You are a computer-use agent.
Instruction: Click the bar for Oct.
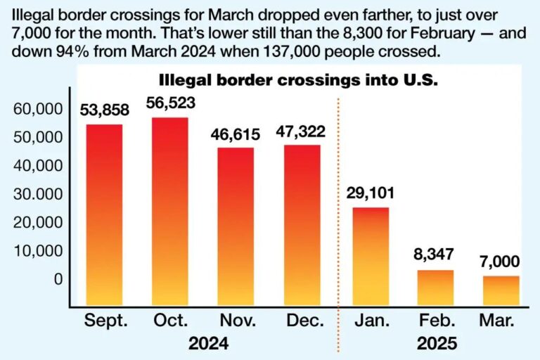click(x=170, y=212)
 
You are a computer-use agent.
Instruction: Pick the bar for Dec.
click(x=302, y=226)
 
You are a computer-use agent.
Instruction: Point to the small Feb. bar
click(x=435, y=288)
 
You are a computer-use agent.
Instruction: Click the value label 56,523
click(x=170, y=103)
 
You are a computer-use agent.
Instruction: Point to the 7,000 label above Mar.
click(x=501, y=262)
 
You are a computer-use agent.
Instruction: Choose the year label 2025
click(x=435, y=344)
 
